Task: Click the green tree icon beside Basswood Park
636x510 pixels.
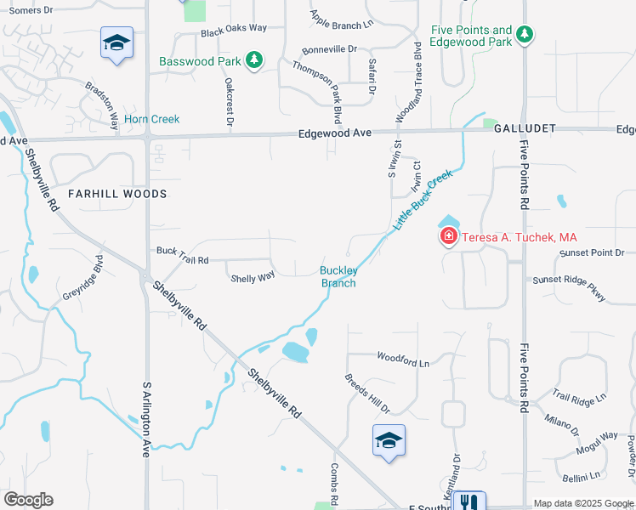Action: [253, 60]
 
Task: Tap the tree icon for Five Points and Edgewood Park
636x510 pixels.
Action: [526, 35]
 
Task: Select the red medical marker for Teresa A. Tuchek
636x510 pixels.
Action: [448, 237]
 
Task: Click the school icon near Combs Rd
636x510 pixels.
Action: [389, 440]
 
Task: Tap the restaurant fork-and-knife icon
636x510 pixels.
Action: [468, 501]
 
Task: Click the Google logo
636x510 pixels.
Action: [28, 500]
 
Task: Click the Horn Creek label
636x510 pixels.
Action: [152, 119]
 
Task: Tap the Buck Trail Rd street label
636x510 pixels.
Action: [182, 251]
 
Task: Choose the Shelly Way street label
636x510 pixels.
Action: [253, 277]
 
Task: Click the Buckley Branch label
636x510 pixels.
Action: [338, 277]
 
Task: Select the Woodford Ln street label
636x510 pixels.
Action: [403, 360]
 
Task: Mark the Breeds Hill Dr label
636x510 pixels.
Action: [366, 394]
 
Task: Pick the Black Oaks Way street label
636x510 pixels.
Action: [233, 28]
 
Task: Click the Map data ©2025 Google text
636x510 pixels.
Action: [583, 503]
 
